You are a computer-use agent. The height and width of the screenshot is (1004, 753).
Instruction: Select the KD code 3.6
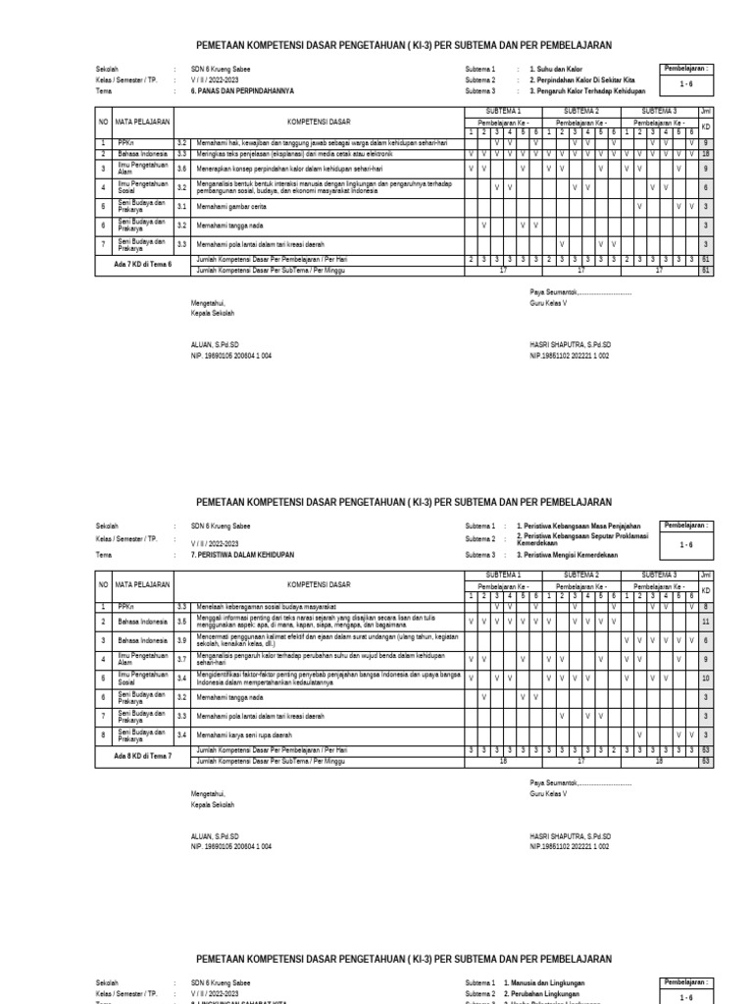click(181, 169)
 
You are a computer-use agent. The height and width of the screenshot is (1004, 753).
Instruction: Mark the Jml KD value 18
click(705, 154)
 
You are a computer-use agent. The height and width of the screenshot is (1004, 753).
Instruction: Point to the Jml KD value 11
click(705, 622)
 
